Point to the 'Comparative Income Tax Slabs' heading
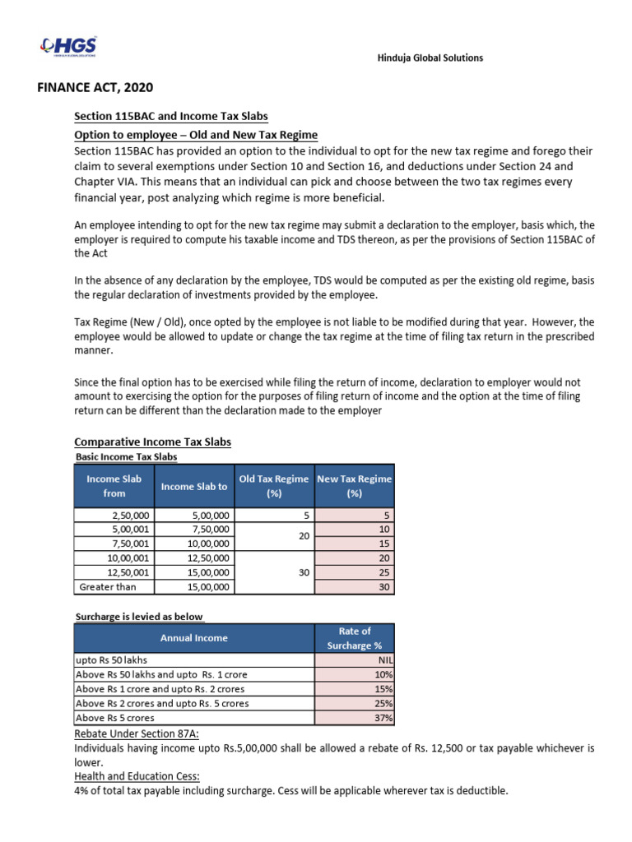[x=153, y=442]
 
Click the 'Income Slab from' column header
[x=114, y=486]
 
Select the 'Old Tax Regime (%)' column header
[x=274, y=486]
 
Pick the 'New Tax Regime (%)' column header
[x=355, y=486]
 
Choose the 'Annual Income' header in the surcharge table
[x=195, y=637]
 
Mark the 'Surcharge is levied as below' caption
[x=139, y=616]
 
